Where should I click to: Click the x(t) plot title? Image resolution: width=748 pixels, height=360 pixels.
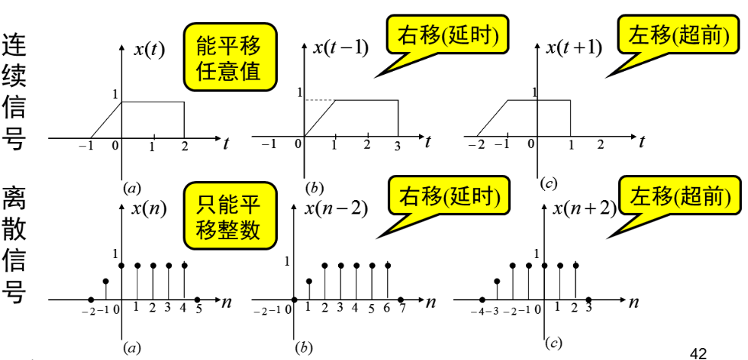pyautogui.click(x=149, y=50)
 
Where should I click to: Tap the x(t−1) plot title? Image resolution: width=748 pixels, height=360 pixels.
pyautogui.click(x=341, y=48)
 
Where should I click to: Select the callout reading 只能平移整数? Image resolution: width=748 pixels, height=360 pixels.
pyautogui.click(x=228, y=217)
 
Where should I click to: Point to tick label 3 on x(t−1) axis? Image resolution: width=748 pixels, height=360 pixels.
pyautogui.click(x=398, y=146)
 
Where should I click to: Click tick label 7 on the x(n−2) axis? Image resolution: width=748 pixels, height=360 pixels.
pyautogui.click(x=403, y=309)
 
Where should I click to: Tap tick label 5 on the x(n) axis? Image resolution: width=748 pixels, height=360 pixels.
pyautogui.click(x=199, y=308)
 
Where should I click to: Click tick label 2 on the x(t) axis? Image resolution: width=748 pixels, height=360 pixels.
pyautogui.click(x=184, y=146)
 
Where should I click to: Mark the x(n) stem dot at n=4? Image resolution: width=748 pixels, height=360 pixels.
pyautogui.click(x=184, y=266)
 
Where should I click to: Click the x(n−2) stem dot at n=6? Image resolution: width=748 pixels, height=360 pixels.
pyautogui.click(x=388, y=266)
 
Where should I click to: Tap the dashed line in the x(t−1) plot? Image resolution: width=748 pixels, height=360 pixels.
pyautogui.click(x=320, y=100)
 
